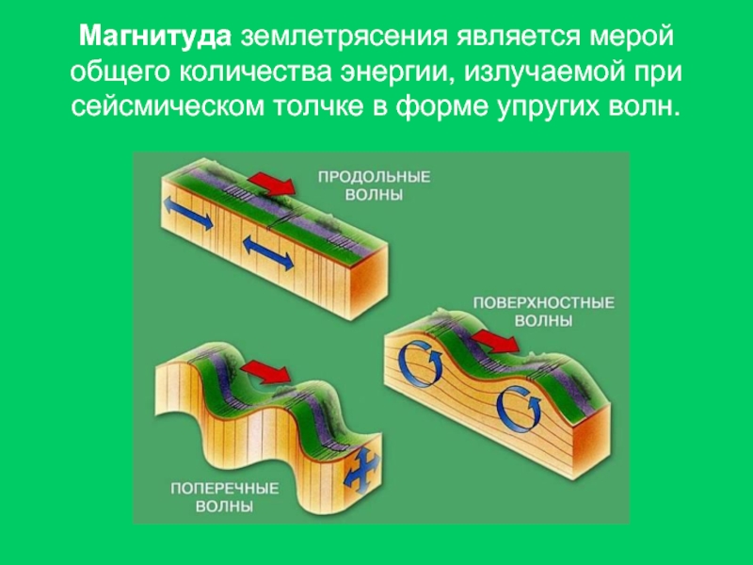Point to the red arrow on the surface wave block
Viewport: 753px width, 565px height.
494,340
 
